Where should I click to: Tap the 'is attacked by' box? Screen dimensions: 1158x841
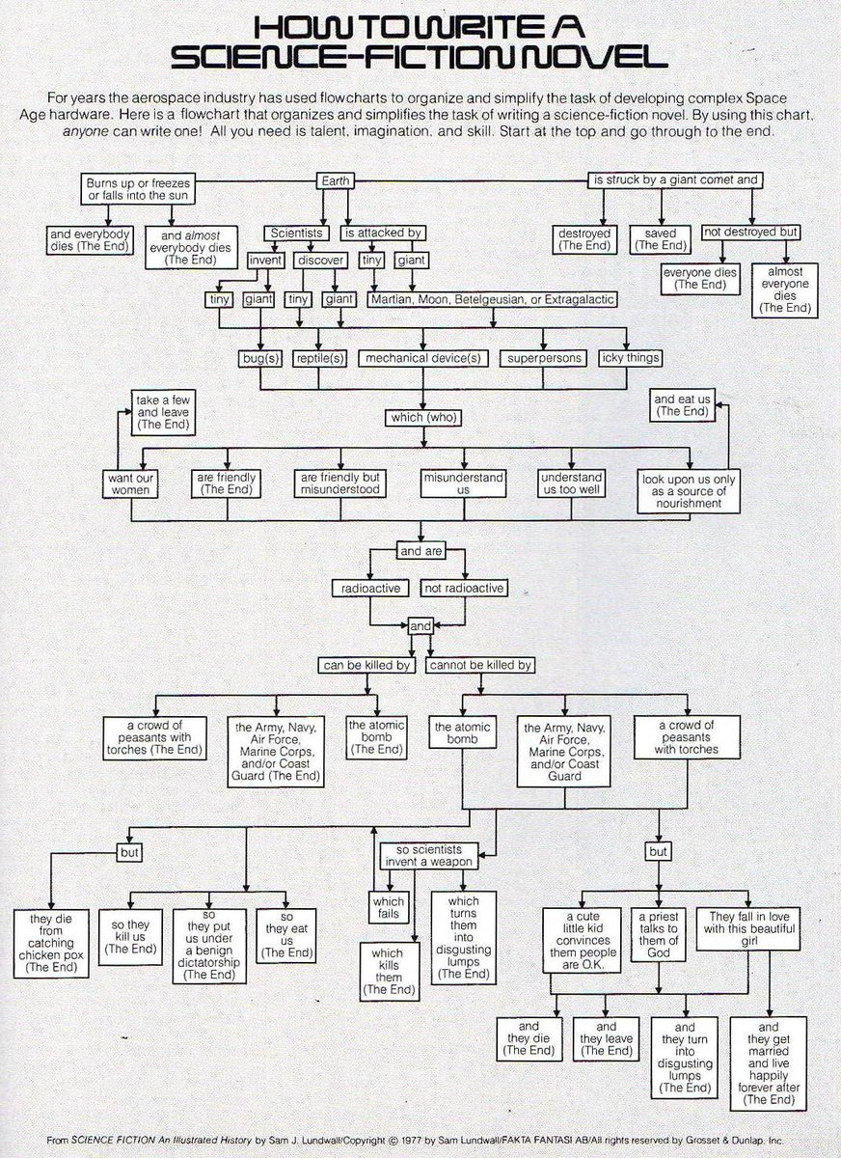coord(382,233)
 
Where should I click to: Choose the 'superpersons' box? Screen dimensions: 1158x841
coord(542,358)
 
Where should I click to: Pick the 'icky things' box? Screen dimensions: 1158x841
coord(630,358)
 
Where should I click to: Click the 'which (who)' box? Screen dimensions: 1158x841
coord(422,418)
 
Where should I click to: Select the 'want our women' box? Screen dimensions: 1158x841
coord(130,483)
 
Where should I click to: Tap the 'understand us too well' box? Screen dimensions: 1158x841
coord(571,483)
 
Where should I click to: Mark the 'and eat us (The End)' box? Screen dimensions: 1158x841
coord(682,404)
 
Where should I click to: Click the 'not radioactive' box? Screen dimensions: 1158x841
coord(464,588)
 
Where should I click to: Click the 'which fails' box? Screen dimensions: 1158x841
coord(391,908)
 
